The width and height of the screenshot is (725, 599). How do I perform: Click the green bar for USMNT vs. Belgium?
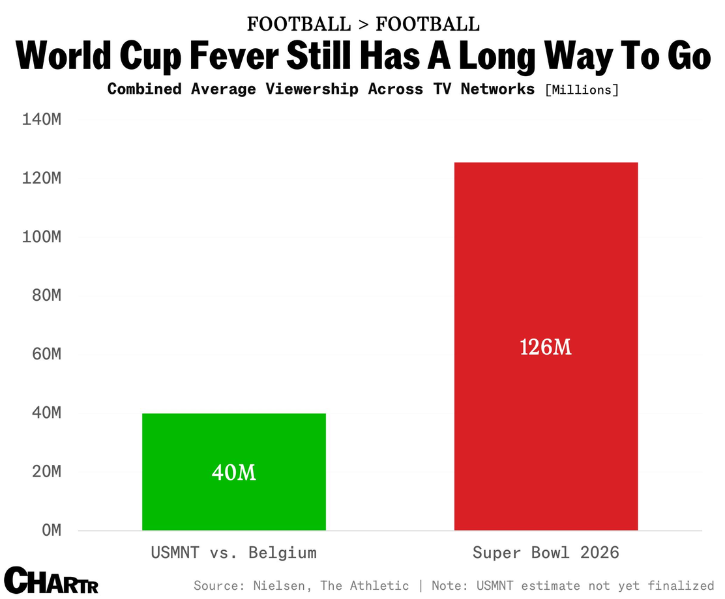click(234, 471)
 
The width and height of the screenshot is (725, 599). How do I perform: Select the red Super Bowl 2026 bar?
click(546, 346)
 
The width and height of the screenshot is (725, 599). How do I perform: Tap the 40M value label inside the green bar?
click(234, 473)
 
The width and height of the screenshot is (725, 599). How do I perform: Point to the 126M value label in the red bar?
click(546, 347)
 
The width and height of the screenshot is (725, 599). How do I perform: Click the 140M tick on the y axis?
click(42, 120)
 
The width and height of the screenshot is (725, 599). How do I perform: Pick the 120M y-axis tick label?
click(42, 178)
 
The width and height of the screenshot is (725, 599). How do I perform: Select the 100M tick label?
click(42, 237)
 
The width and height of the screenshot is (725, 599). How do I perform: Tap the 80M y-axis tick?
click(47, 295)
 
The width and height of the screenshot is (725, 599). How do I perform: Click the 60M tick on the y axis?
click(47, 354)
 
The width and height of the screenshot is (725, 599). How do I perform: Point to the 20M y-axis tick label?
click(47, 471)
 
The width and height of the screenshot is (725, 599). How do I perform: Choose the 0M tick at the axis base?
click(52, 530)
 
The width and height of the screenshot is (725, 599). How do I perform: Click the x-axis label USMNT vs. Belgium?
click(234, 552)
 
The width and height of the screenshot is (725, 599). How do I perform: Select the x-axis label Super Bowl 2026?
click(546, 552)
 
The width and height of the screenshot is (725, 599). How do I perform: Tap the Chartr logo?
click(52, 580)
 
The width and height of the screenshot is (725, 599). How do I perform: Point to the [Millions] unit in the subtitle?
click(582, 90)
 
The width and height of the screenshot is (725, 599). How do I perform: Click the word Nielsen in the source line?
click(279, 585)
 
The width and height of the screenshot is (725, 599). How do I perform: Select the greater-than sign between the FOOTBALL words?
click(363, 25)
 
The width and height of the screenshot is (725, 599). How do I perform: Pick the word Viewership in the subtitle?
click(312, 89)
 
